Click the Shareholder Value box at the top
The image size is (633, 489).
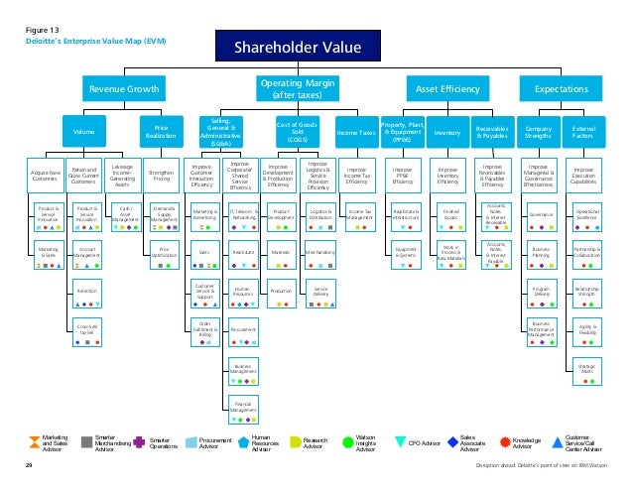click(297, 47)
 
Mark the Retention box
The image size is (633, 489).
click(87, 294)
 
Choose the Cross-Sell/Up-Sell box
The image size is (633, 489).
click(87, 331)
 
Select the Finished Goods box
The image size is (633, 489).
click(450, 215)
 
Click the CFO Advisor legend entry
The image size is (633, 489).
click(414, 444)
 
